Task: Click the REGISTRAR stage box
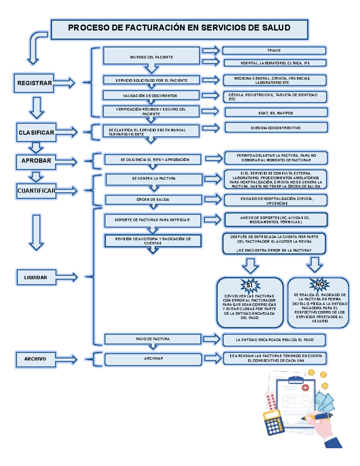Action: point(34,83)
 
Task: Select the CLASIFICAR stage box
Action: point(36,132)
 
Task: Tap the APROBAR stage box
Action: point(36,161)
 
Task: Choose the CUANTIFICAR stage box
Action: point(36,191)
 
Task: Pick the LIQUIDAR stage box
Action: point(36,278)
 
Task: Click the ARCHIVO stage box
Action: point(35,359)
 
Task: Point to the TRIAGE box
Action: point(274,50)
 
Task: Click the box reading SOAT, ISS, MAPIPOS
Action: point(276,113)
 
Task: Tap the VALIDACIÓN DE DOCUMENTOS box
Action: point(151,95)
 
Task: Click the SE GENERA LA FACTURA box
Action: point(154,179)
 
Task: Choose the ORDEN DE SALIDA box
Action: point(153,200)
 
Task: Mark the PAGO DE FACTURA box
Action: point(152,339)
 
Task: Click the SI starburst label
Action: point(250,285)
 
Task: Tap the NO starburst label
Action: point(319,284)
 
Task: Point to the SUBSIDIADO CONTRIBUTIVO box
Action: point(276,128)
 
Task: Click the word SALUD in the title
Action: point(276,28)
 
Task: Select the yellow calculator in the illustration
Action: point(274,423)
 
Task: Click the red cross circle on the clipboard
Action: point(305,388)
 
